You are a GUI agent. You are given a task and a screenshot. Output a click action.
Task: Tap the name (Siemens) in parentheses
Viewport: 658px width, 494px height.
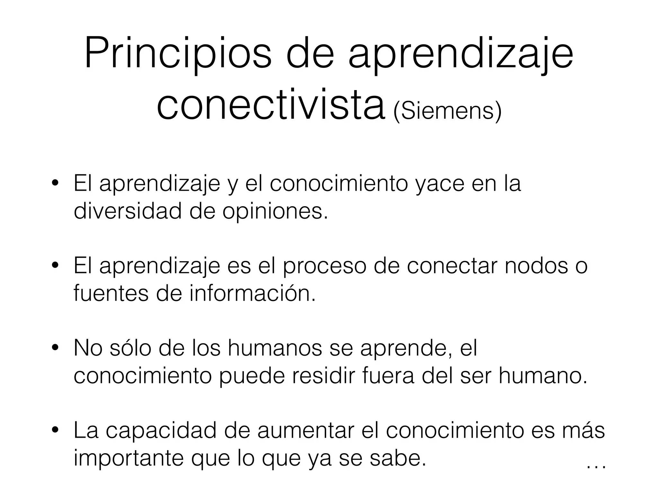point(447,111)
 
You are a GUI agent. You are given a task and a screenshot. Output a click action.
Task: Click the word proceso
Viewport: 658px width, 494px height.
point(325,266)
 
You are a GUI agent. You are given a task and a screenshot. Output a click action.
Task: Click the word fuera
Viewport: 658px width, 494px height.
point(388,376)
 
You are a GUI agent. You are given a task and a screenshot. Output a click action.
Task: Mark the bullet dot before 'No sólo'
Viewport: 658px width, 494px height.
point(55,348)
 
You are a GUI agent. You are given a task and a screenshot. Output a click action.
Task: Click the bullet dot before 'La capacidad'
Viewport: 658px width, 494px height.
point(55,430)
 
